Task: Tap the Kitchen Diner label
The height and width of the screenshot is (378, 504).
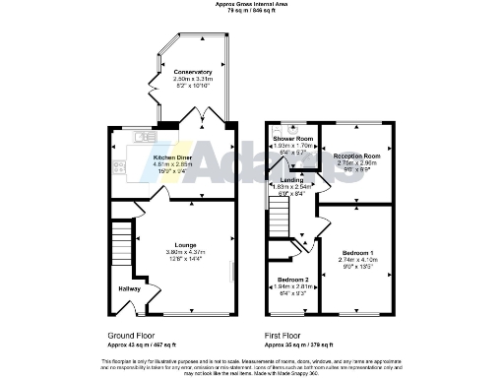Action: pyautogui.click(x=172, y=157)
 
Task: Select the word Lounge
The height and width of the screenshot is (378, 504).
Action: pyautogui.click(x=186, y=245)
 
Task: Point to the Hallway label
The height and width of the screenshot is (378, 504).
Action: pyautogui.click(x=130, y=288)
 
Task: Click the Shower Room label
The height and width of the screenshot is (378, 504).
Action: pyautogui.click(x=291, y=140)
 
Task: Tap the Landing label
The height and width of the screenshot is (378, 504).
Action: pyautogui.click(x=291, y=180)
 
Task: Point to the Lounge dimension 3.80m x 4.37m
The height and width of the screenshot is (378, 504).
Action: pyautogui.click(x=186, y=252)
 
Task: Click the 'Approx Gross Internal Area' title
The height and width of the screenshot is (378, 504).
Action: pyautogui.click(x=252, y=5)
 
